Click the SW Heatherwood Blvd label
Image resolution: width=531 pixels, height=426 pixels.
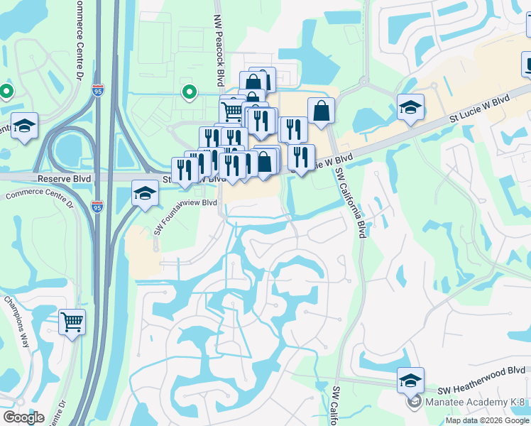click(481, 388)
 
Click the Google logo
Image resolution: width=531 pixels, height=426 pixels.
click(23, 417)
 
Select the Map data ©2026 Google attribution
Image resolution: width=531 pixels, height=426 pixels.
click(487, 420)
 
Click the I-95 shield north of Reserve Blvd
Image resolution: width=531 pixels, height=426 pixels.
click(97, 91)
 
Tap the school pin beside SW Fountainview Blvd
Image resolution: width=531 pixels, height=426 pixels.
click(145, 193)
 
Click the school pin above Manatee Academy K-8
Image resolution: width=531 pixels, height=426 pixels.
click(410, 380)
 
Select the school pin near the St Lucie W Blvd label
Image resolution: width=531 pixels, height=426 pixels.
click(410, 107)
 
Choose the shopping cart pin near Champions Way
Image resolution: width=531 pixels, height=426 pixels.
click(72, 322)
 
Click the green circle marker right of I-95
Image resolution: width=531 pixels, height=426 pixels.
click(189, 92)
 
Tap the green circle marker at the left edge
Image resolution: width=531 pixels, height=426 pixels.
click(6, 92)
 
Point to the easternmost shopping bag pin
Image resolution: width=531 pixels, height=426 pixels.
click(321, 111)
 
